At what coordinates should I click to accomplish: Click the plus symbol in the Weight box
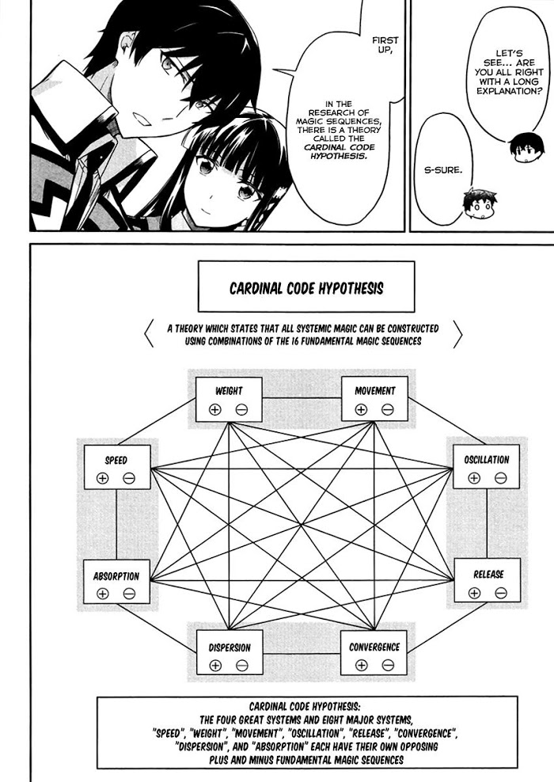click(x=215, y=409)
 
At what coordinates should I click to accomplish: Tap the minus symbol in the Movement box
click(x=388, y=409)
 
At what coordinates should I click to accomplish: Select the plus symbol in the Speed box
click(x=102, y=478)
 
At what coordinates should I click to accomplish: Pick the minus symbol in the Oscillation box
click(x=501, y=478)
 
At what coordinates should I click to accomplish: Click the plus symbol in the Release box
click(x=474, y=593)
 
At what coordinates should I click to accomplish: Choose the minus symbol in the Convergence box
click(x=388, y=665)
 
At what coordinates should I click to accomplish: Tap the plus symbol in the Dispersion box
click(x=215, y=666)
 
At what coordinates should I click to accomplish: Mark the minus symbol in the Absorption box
click(x=129, y=594)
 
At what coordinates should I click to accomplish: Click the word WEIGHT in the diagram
click(x=229, y=391)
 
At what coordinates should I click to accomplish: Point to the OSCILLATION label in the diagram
click(x=487, y=460)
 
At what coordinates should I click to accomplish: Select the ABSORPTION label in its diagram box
click(x=116, y=576)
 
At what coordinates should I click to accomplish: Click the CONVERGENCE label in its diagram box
click(x=374, y=647)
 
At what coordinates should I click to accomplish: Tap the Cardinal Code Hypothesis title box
click(x=306, y=287)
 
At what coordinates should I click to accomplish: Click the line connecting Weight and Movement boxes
click(x=302, y=398)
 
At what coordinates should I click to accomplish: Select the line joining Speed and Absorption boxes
click(x=116, y=525)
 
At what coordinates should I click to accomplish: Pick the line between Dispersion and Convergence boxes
click(x=302, y=653)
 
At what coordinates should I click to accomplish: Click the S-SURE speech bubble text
click(x=442, y=170)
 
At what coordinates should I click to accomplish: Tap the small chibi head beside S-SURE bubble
click(x=478, y=204)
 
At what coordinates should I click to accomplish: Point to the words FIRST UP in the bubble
click(x=385, y=45)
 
